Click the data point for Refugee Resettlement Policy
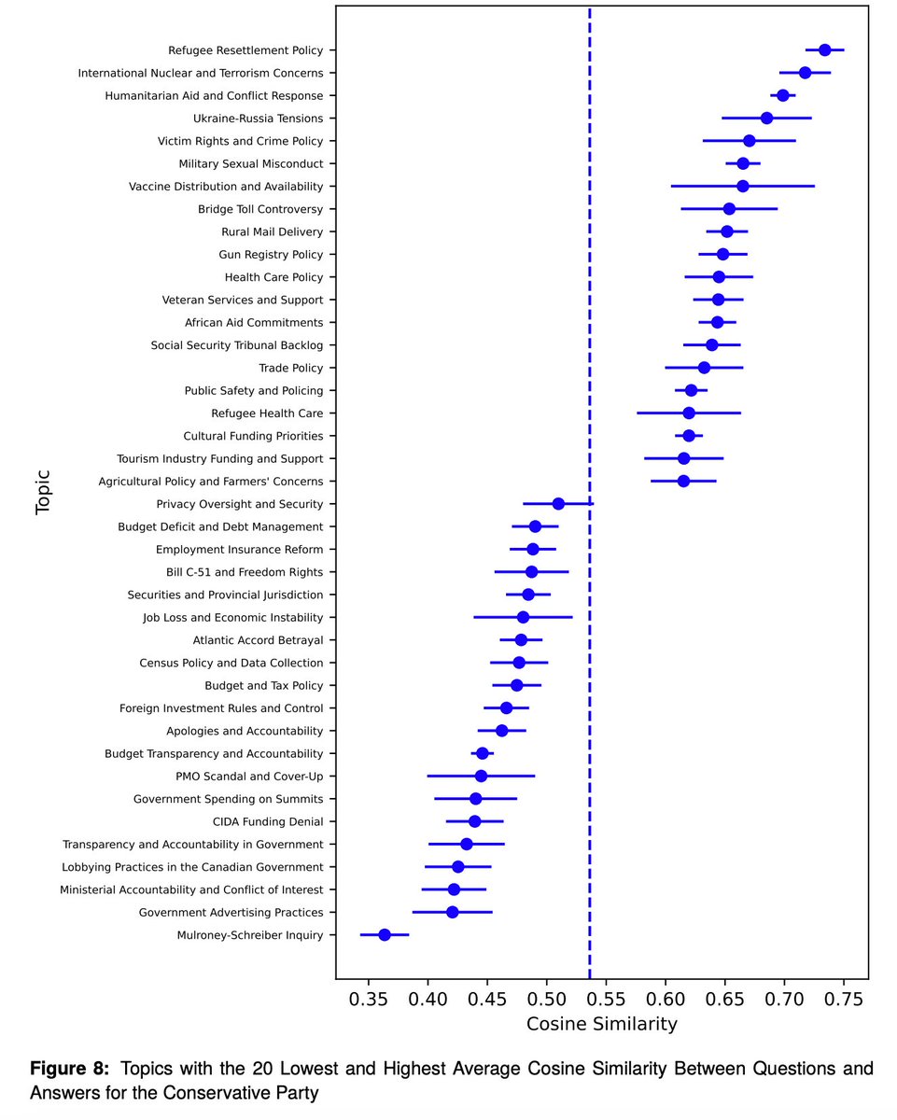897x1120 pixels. [x=824, y=50]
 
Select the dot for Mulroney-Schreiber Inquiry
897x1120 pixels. [x=385, y=934]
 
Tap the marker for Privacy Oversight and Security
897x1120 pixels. [x=558, y=504]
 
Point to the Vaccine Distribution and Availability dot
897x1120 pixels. [x=742, y=187]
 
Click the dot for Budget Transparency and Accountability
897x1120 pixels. [x=482, y=753]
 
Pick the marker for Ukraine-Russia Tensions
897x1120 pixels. [x=766, y=119]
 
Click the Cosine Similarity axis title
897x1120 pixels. [x=601, y=1024]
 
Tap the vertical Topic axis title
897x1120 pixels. [x=43, y=492]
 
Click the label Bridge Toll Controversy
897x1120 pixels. [x=260, y=209]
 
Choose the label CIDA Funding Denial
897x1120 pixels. [x=268, y=821]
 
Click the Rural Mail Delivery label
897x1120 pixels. [x=272, y=231]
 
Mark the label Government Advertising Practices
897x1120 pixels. [x=231, y=912]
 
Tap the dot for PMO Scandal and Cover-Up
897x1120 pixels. [x=481, y=776]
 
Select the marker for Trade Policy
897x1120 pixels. [x=704, y=368]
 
